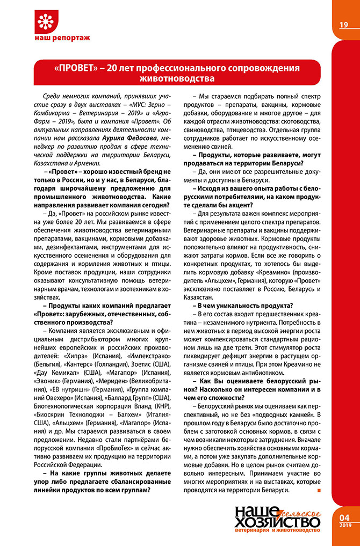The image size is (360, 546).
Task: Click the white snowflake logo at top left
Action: click(x=47, y=23)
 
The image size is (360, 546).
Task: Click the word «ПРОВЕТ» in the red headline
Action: click(x=76, y=69)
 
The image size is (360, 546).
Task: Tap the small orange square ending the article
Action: click(x=319, y=491)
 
